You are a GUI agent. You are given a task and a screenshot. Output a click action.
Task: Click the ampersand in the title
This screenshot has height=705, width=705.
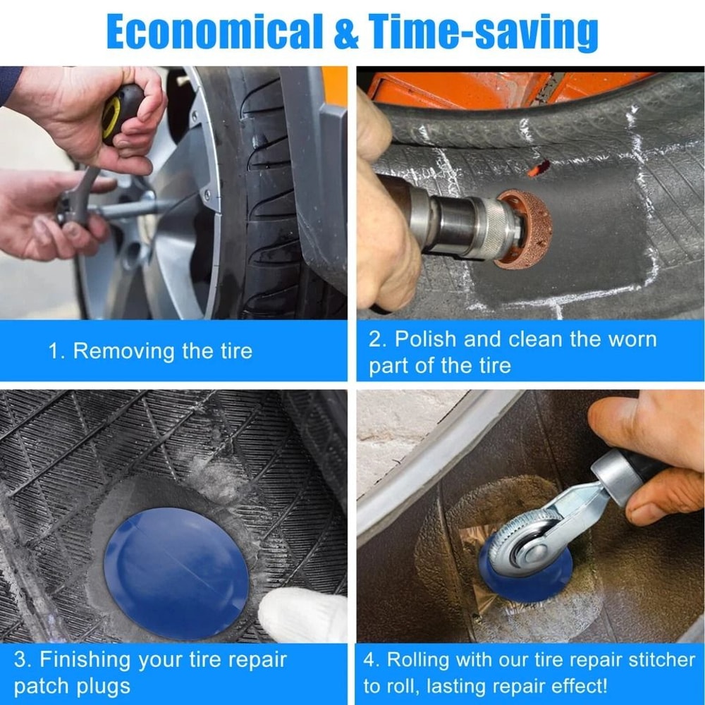point(346,32)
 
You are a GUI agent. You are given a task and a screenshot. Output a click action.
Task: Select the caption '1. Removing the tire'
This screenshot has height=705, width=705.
point(149,351)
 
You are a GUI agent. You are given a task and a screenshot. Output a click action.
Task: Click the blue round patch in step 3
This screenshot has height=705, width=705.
point(176,563)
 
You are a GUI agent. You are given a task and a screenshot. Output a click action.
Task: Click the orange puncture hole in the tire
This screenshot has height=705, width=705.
point(539,168)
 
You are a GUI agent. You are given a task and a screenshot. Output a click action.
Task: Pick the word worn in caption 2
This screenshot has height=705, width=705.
point(631,339)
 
